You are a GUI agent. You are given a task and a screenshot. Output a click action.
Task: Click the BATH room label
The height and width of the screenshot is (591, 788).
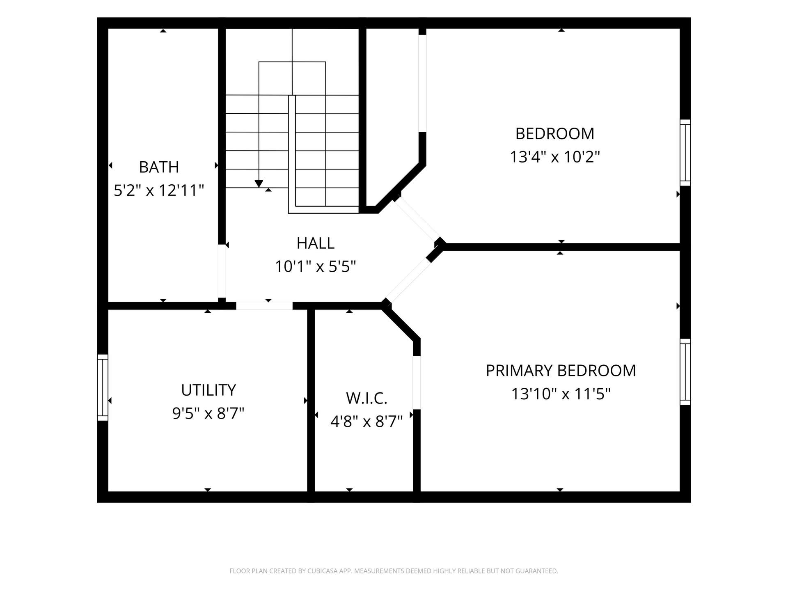point(159,167)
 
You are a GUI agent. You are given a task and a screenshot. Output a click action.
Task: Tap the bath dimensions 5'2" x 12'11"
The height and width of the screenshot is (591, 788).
point(159,190)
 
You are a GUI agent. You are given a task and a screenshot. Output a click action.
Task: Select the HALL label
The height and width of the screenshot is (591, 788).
point(315,243)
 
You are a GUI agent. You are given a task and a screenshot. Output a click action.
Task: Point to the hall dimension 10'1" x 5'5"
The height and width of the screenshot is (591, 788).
point(315,267)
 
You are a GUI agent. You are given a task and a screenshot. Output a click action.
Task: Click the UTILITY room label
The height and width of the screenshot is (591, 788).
point(208,390)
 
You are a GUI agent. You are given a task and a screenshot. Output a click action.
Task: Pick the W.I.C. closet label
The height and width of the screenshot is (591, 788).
point(367,398)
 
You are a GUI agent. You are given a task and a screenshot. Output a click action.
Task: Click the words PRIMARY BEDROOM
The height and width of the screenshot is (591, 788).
point(561,371)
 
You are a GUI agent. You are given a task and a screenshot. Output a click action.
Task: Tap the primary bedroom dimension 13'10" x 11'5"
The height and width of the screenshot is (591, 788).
point(561,394)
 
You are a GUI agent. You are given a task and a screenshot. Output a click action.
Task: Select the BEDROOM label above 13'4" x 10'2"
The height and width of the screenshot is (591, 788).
point(555,134)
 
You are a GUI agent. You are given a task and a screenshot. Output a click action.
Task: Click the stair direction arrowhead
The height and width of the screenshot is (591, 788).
point(259,183)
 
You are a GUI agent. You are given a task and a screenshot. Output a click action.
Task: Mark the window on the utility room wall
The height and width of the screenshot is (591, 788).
point(103,387)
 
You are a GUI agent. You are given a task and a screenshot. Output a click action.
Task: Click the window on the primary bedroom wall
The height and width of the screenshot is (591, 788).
point(685,372)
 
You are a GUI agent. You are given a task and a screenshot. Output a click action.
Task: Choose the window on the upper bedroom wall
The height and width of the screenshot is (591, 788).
point(685,153)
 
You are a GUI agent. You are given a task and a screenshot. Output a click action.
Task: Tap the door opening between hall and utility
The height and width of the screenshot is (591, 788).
point(264,306)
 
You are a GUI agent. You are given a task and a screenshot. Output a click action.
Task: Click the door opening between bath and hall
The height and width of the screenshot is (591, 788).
point(222,271)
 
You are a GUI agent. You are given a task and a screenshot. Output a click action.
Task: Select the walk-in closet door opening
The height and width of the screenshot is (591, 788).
point(417,383)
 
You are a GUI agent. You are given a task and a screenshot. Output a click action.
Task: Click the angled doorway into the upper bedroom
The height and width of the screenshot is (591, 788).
point(417,220)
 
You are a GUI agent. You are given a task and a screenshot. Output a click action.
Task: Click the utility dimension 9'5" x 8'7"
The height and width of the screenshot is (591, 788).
point(208,413)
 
